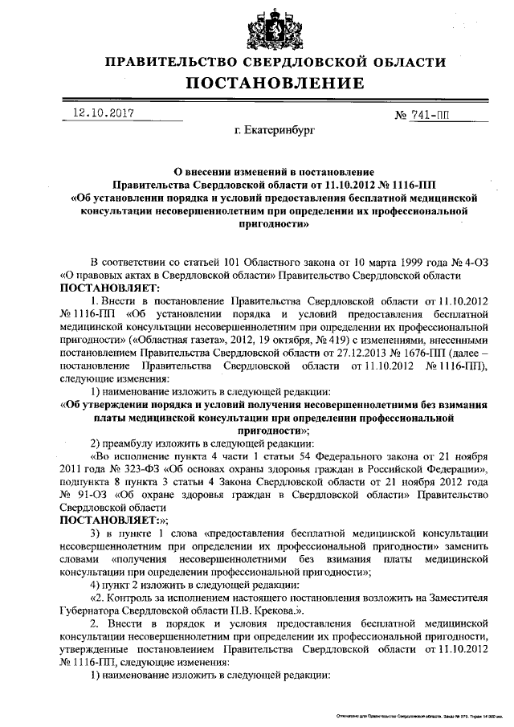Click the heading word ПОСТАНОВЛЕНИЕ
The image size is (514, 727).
[276, 84]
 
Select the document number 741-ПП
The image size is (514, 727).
[430, 116]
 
